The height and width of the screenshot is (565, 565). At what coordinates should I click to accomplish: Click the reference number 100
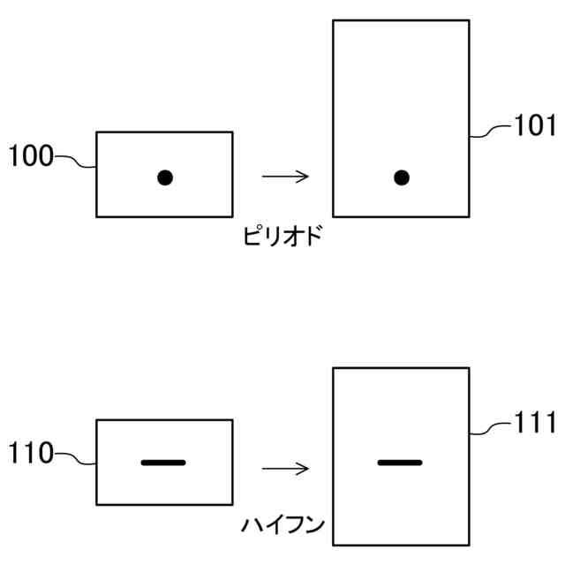coord(30,158)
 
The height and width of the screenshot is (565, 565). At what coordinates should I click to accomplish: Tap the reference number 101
coord(535,127)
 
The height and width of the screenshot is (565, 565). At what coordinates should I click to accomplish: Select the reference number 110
coord(30,455)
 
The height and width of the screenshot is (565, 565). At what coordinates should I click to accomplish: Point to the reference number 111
coord(535,424)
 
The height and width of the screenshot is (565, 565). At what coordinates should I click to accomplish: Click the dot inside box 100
coord(164,177)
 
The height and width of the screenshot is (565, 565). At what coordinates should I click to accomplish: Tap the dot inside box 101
coord(401,177)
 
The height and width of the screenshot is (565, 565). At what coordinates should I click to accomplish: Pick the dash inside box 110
coord(163,462)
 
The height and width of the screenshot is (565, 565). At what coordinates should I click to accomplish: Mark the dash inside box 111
coord(400,462)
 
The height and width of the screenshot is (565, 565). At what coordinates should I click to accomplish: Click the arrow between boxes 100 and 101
coord(285,177)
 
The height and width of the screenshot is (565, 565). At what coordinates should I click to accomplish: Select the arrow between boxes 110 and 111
coord(285,469)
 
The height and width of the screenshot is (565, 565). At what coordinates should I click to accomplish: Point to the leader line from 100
coord(75,162)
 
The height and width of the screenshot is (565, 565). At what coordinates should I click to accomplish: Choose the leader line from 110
coord(75,458)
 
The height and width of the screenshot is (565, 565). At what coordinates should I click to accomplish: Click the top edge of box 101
coord(400,20)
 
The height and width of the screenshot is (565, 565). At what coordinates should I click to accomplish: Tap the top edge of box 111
coord(400,368)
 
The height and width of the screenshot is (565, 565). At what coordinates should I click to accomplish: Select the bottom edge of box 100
coord(164,216)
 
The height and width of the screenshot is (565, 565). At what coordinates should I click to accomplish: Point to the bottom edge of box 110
coord(164,504)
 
